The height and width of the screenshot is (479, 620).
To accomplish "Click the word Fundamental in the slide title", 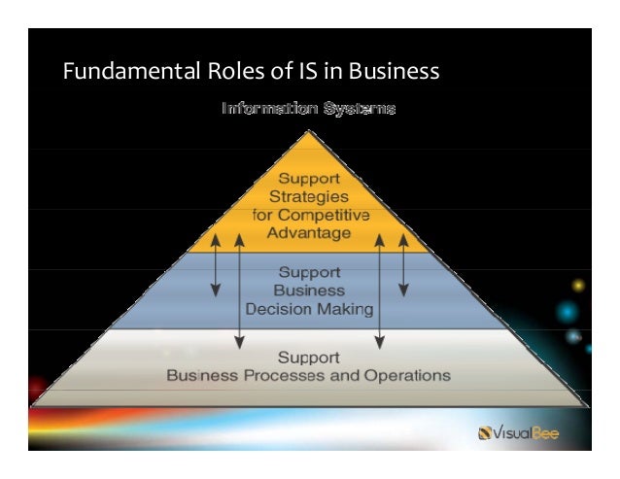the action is point(123,72).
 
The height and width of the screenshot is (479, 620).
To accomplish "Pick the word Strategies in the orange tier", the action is point(310,197).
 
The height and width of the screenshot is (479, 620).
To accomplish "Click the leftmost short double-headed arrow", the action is point(216,262).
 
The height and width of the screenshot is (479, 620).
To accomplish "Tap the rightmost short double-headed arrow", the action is point(403,262).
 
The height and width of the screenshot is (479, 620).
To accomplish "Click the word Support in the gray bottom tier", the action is point(310,357).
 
